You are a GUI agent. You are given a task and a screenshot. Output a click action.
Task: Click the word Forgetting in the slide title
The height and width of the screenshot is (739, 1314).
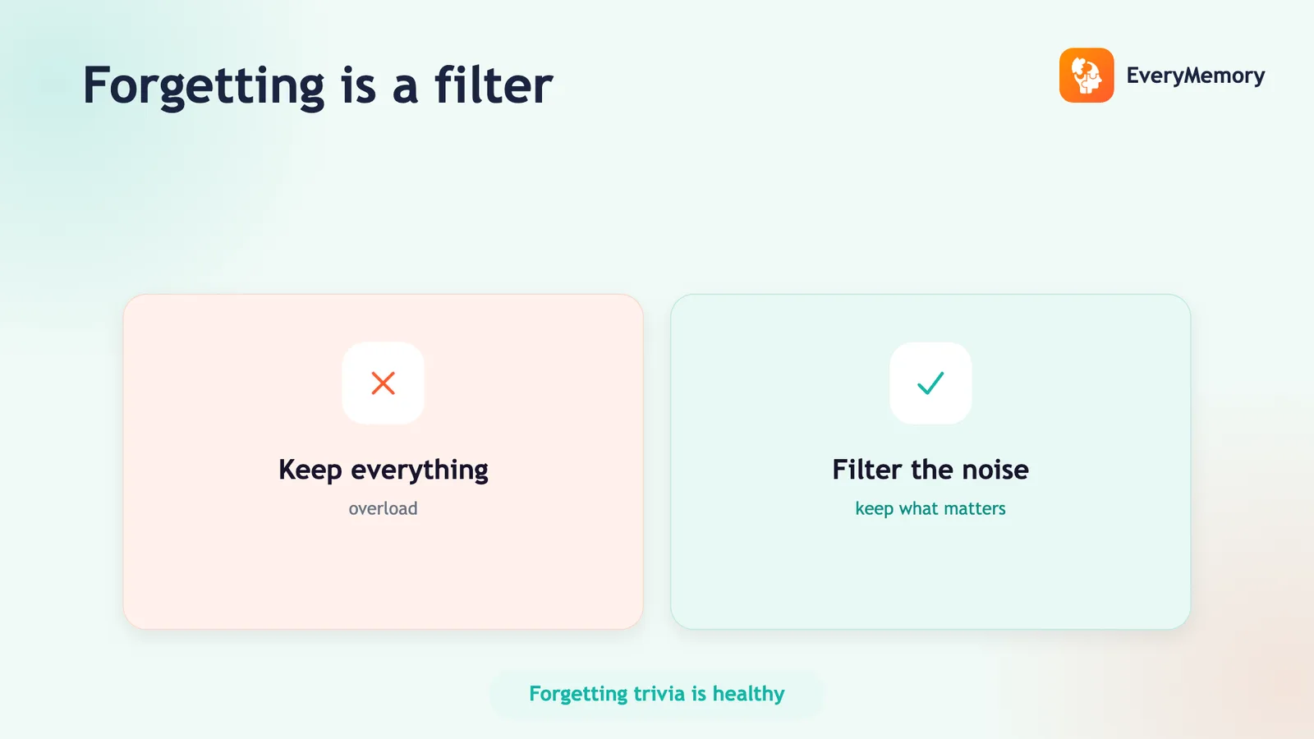point(204,87)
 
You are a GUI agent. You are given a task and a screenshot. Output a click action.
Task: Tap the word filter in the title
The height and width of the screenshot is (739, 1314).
point(494,85)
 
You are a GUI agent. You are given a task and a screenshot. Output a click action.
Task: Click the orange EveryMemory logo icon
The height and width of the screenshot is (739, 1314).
point(1087,75)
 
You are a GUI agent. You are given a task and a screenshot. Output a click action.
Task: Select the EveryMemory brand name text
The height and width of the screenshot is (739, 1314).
point(1196,76)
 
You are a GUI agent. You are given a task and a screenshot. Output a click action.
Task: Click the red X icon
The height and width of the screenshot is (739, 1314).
point(383,383)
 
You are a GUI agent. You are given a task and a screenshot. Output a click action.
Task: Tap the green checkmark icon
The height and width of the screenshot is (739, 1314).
point(930,383)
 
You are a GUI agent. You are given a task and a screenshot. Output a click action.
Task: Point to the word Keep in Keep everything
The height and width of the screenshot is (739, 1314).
point(310,470)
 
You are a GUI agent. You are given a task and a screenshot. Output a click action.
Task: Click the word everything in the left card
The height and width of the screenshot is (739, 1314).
point(420,470)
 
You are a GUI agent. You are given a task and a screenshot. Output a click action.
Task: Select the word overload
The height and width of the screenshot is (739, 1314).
point(383,508)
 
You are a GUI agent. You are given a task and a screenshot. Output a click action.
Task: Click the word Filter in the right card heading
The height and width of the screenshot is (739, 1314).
point(867,469)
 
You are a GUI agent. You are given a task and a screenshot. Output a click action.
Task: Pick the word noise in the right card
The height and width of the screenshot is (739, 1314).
point(995,470)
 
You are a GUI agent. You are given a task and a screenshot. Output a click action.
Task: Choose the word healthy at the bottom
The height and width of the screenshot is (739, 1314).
point(748,695)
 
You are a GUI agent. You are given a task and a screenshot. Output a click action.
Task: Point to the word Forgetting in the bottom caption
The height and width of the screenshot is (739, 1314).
point(578,695)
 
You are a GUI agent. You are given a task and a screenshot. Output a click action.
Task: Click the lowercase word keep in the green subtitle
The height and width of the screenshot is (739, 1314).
point(874,509)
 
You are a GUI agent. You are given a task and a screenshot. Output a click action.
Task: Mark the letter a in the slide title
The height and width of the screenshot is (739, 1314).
point(406,91)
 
